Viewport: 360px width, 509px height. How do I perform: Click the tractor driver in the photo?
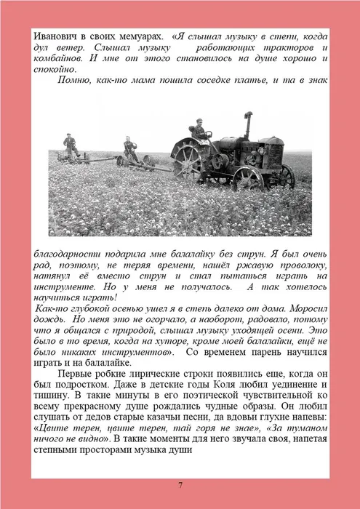(199, 130)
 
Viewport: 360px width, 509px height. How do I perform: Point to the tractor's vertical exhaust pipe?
(247, 125)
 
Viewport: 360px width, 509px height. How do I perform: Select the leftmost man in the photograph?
(70, 145)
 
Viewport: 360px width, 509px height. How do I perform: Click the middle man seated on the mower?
(129, 148)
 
